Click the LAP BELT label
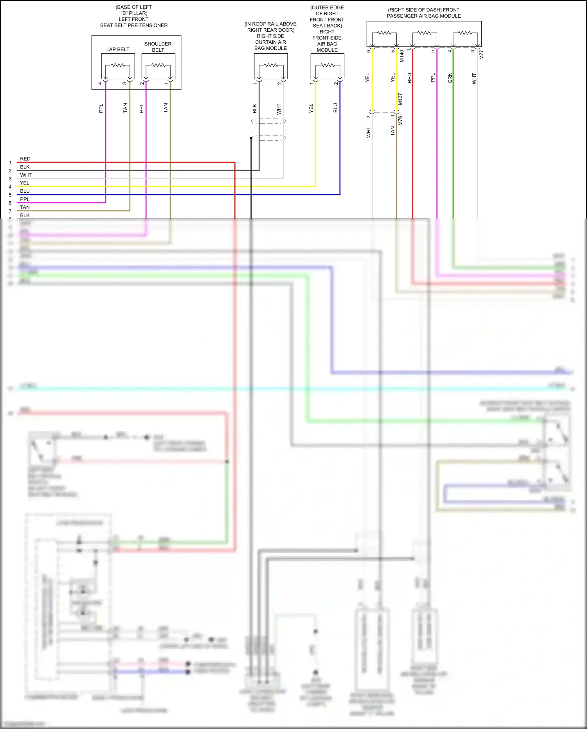pyautogui.click(x=118, y=49)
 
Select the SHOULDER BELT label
pyautogui.click(x=158, y=47)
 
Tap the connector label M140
pyautogui.click(x=402, y=56)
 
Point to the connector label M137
pyautogui.click(x=400, y=99)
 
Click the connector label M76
pyautogui.click(x=400, y=121)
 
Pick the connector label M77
pyautogui.click(x=482, y=55)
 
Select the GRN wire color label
pyautogui.click(x=450, y=78)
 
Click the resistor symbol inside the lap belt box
pyautogui.click(x=118, y=65)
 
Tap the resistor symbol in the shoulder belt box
pyautogui.click(x=158, y=65)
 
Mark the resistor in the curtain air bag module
pyautogui.click(x=271, y=65)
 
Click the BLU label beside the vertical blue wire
pyautogui.click(x=335, y=108)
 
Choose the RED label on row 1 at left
pyautogui.click(x=25, y=159)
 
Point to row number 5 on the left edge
pyautogui.click(x=10, y=195)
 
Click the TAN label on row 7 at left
pyautogui.click(x=25, y=207)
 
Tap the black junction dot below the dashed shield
pyautogui.click(x=251, y=138)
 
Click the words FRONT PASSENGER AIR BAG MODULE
pyautogui.click(x=424, y=16)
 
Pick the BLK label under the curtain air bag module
pyautogui.click(x=255, y=109)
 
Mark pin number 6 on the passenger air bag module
pyautogui.click(x=369, y=51)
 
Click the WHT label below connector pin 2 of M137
pyautogui.click(x=368, y=132)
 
